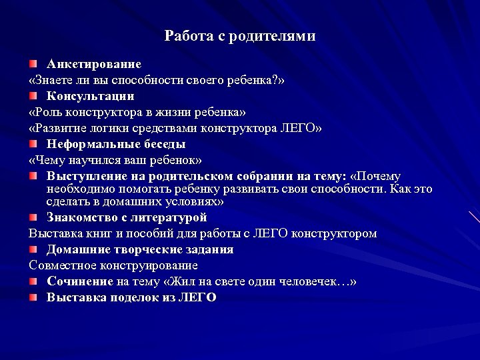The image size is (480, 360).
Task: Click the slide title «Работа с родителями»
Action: pos(240,36)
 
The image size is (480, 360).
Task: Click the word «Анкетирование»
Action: pos(93,65)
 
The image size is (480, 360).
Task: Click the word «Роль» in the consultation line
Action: pos(46,112)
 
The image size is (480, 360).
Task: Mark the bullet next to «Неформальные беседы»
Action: pos(33,144)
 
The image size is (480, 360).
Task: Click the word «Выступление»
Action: pos(87,177)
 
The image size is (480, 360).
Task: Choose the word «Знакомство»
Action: pos(80,218)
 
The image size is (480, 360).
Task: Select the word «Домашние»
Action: pos(77,250)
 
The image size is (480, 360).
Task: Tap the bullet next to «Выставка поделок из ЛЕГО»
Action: pos(33,297)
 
